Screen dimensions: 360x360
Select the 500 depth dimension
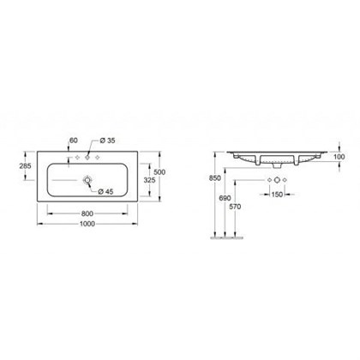click(x=160, y=171)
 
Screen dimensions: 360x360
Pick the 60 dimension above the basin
click(x=75, y=138)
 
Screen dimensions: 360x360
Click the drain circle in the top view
click(x=87, y=180)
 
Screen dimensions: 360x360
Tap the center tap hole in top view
click(x=87, y=159)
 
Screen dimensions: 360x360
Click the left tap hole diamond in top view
click(x=75, y=159)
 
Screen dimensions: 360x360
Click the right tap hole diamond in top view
click(x=99, y=159)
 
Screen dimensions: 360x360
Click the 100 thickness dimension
click(x=340, y=156)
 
